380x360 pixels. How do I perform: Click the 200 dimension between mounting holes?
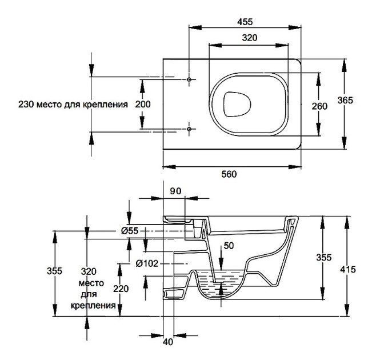click(x=142, y=105)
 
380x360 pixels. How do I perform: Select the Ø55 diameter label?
click(x=130, y=231)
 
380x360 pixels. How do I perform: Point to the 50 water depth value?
click(x=229, y=246)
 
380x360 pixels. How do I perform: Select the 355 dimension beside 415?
click(x=325, y=258)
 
